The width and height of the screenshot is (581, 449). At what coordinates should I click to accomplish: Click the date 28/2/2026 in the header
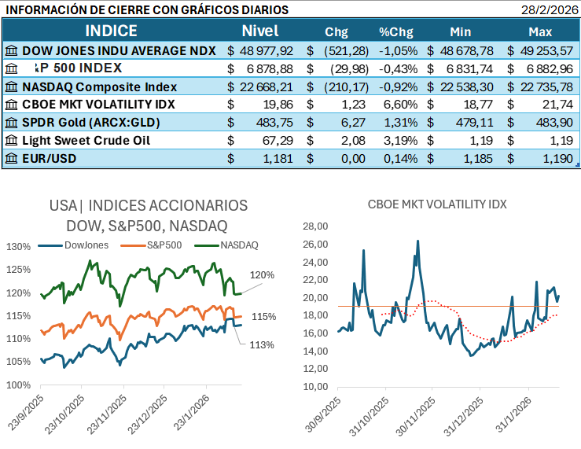pyautogui.click(x=548, y=10)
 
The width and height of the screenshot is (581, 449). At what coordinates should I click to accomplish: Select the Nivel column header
pyautogui.click(x=260, y=31)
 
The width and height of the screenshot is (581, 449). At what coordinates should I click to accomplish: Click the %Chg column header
pyautogui.click(x=396, y=32)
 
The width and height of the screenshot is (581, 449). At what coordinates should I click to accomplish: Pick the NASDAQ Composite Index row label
pyautogui.click(x=110, y=86)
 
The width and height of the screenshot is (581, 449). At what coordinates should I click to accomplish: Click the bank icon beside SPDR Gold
pyautogui.click(x=12, y=123)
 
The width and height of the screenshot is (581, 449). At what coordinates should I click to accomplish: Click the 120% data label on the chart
pyautogui.click(x=263, y=275)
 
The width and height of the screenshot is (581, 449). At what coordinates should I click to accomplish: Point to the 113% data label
pyautogui.click(x=263, y=344)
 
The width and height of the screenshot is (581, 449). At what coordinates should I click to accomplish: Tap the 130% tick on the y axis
pyautogui.click(x=19, y=246)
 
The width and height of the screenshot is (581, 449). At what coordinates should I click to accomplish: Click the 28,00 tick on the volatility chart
pyautogui.click(x=314, y=226)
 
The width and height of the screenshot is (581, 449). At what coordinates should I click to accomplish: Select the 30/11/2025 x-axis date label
pyautogui.click(x=421, y=413)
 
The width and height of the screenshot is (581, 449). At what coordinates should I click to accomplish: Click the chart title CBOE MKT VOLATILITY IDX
pyautogui.click(x=437, y=204)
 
